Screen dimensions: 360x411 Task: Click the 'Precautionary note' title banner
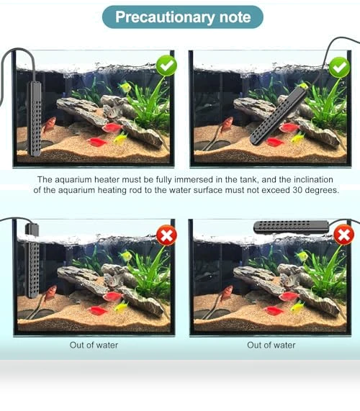click(183, 17)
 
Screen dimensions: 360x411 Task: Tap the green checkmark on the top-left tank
click(166, 66)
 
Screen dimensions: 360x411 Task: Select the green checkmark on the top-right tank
click(340, 68)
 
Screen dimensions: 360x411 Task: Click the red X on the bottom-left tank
click(166, 235)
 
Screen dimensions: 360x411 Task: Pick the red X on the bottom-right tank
click(343, 235)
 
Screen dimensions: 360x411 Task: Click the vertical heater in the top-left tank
click(35, 119)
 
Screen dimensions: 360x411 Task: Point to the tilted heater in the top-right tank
click(279, 115)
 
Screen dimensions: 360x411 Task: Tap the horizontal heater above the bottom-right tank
click(291, 227)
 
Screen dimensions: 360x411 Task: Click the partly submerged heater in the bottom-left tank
click(32, 261)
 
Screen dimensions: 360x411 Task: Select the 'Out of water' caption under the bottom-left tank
click(94, 345)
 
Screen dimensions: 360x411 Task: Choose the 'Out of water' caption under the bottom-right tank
click(271, 345)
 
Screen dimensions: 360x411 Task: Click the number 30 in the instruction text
click(297, 190)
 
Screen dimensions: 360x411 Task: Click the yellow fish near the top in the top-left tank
click(125, 87)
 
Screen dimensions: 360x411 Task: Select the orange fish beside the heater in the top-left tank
click(50, 125)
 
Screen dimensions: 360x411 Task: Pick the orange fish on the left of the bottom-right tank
click(227, 294)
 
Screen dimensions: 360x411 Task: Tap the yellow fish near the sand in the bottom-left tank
click(121, 306)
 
